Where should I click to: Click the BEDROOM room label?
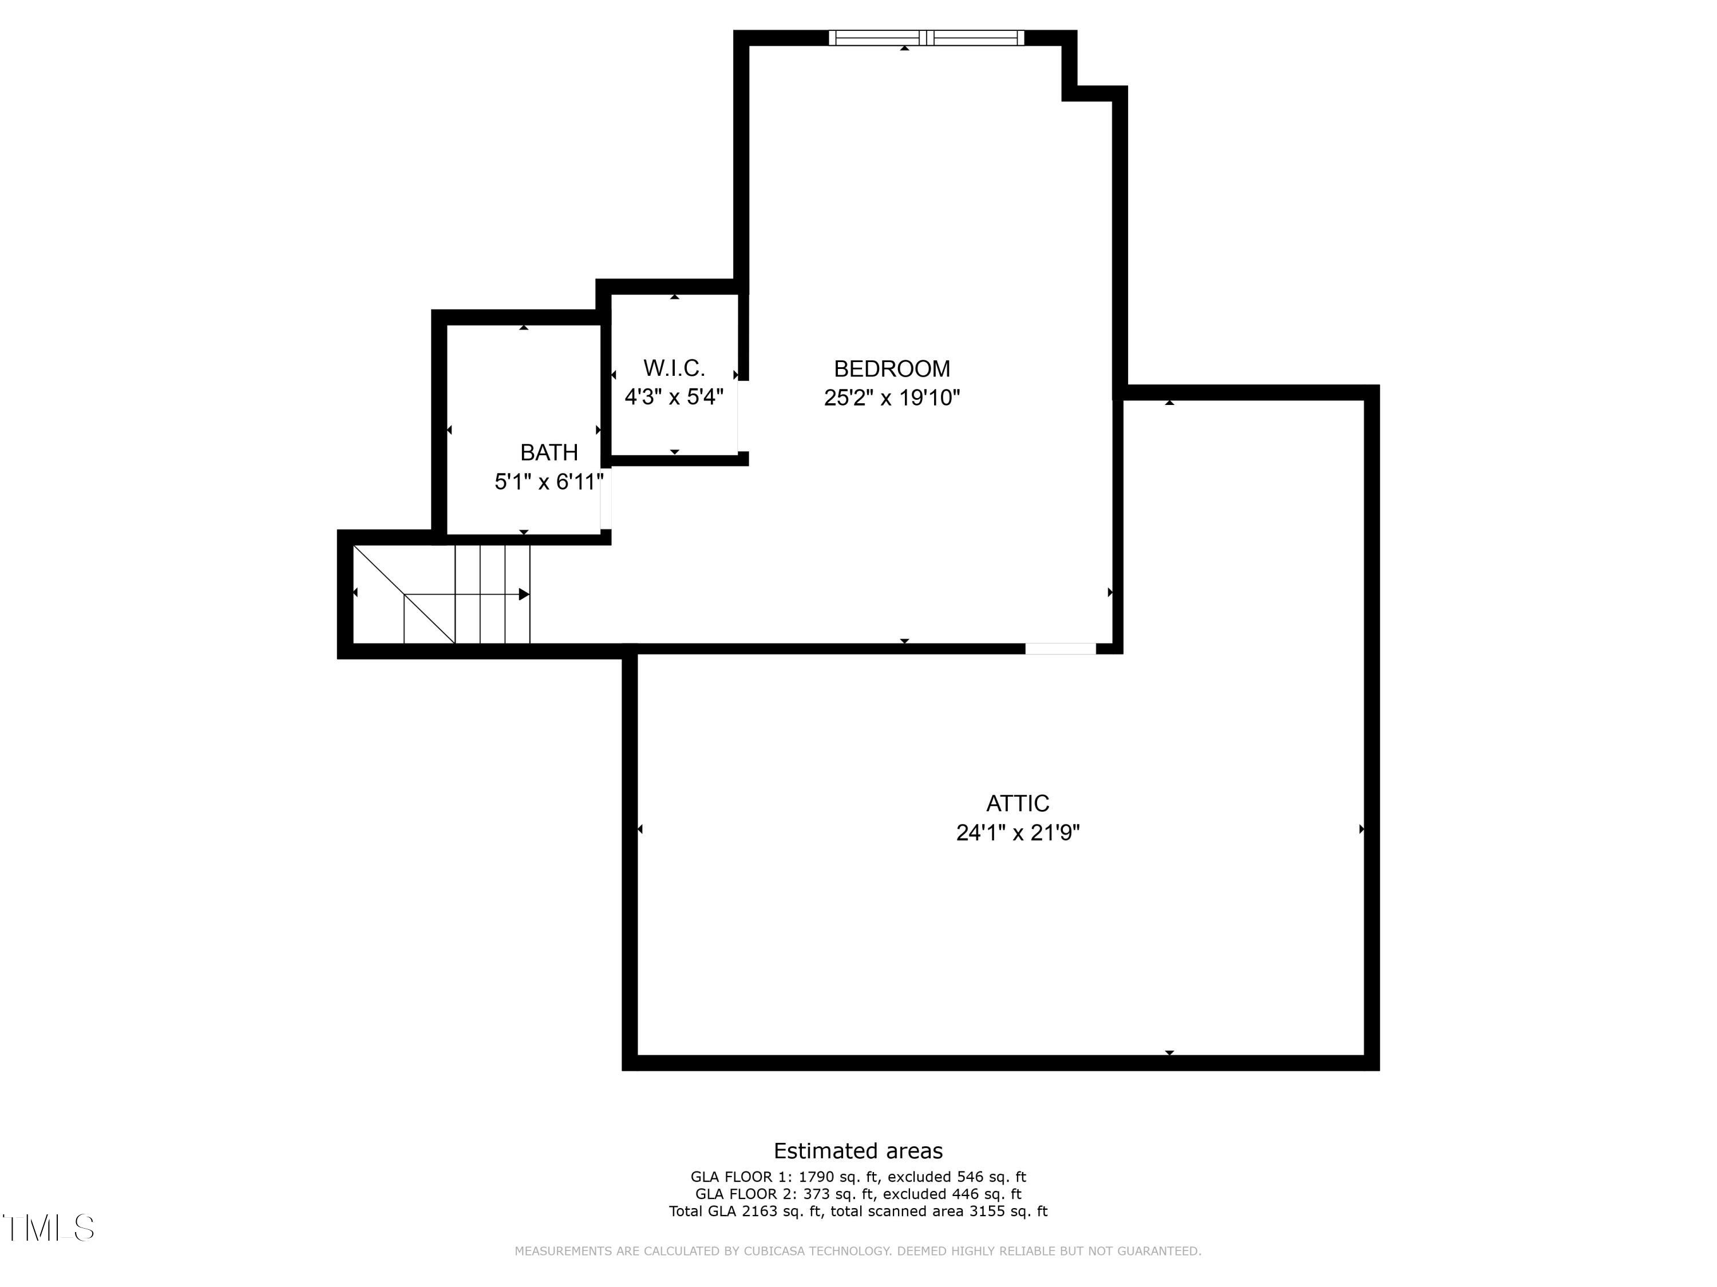coord(891,368)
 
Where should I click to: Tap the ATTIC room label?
coord(1017,803)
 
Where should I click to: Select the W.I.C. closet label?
coord(674,368)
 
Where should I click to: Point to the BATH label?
coord(549,452)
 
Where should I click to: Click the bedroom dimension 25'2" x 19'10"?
coord(892,398)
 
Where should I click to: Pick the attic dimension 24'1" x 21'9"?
coord(1018,832)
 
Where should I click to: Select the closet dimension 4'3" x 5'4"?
coord(674,397)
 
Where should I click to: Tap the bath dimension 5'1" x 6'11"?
coord(549,482)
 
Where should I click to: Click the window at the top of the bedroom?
coord(926,38)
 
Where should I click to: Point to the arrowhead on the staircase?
coord(524,594)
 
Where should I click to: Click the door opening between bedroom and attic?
coord(1061,649)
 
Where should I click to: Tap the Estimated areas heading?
coord(858,1150)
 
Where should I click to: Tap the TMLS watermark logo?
coord(48,1228)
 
